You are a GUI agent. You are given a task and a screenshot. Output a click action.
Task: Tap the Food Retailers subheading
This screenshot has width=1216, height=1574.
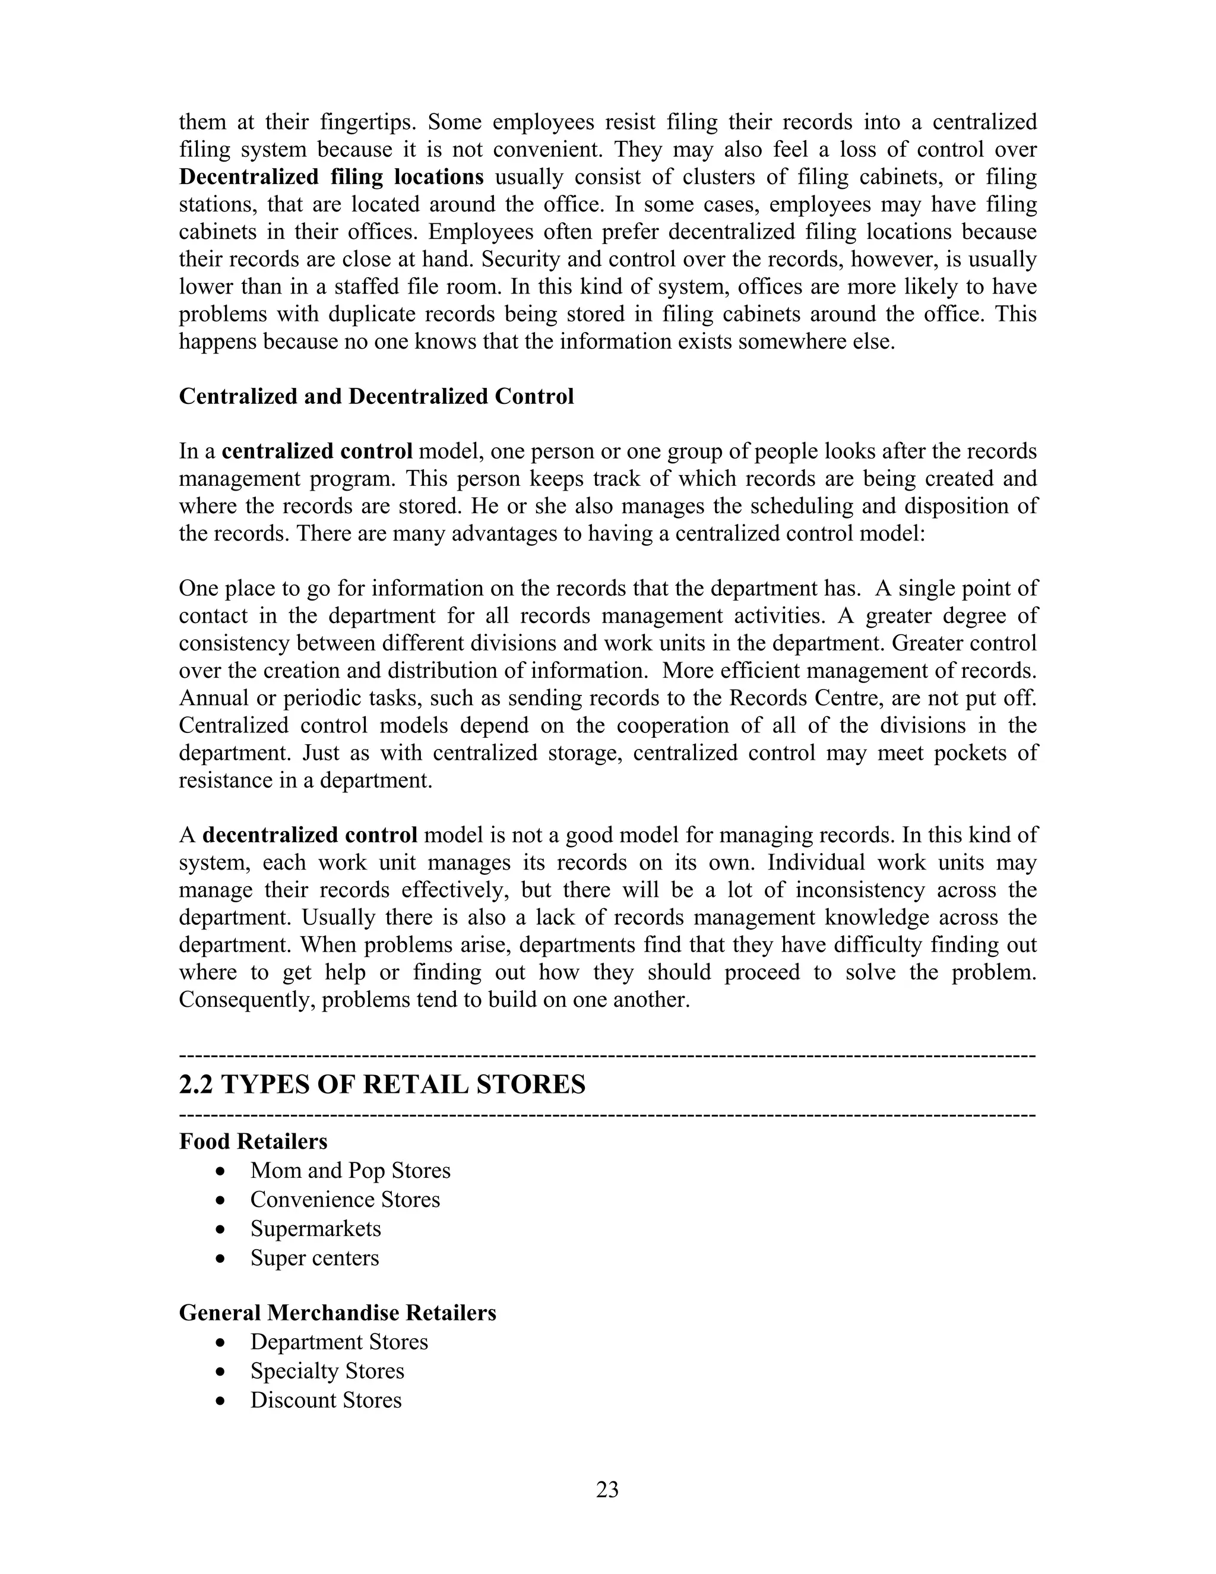(253, 1142)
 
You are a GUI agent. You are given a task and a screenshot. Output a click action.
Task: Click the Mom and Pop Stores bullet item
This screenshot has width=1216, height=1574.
(350, 1171)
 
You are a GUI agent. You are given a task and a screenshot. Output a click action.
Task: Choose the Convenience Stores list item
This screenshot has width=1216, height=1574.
(345, 1199)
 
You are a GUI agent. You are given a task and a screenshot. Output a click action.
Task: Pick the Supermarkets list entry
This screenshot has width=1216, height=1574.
(315, 1228)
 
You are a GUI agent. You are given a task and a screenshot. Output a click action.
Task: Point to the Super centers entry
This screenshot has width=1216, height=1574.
(314, 1257)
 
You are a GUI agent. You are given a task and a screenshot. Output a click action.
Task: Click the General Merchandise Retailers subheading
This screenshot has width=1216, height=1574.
(337, 1313)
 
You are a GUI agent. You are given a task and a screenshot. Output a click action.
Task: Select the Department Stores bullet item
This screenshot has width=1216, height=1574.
(338, 1342)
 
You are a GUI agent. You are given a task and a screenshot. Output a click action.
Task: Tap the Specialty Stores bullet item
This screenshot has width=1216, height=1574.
(327, 1371)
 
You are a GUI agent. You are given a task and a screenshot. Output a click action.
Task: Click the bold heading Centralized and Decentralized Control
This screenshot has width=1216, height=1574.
(376, 396)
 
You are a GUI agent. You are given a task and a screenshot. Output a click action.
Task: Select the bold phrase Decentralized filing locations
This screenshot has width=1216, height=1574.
(331, 177)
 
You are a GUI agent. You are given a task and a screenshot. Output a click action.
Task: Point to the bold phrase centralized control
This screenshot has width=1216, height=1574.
(317, 452)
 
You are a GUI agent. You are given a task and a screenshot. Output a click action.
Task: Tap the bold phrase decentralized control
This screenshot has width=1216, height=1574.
(310, 835)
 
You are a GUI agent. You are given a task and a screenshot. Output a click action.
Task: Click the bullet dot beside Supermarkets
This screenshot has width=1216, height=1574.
(221, 1230)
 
